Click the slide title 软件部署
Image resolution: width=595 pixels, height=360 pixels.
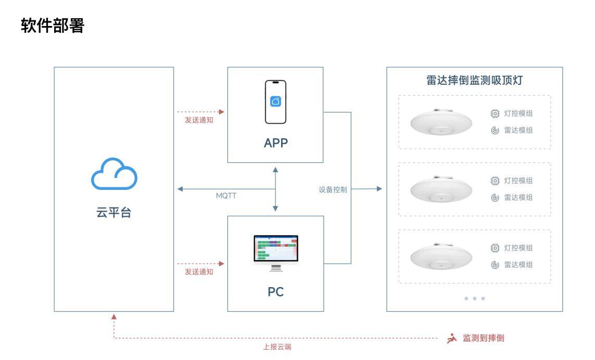53,25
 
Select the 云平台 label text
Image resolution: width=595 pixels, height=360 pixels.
114,212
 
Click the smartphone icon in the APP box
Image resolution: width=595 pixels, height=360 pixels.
275,102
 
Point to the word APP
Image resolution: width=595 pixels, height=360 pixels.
275,143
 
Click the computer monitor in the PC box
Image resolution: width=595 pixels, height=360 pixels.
276,252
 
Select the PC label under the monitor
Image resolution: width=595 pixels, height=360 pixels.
275,292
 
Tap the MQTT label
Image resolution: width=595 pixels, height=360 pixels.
226,196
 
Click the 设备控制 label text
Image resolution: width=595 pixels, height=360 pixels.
333,190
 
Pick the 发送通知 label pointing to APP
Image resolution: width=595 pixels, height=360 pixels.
199,120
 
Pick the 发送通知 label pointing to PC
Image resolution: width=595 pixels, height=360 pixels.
199,272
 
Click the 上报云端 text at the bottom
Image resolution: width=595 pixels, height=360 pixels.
277,347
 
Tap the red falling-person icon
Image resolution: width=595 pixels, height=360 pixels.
452,339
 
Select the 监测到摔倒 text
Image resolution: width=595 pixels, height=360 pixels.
484,338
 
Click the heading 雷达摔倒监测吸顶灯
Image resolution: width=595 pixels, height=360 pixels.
474,81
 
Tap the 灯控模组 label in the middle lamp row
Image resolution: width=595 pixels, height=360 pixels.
518,181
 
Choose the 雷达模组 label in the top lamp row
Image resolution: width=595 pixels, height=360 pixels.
518,131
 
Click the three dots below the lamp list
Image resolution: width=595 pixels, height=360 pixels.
474,299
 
